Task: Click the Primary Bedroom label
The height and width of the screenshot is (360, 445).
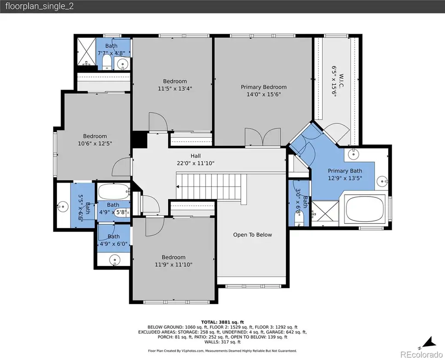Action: tap(264, 87)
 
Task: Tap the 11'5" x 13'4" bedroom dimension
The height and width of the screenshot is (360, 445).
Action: tap(175, 89)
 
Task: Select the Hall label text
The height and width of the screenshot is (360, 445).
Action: tap(196, 156)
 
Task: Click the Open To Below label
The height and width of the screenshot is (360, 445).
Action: tap(252, 235)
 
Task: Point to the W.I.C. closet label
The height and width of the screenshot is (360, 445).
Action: tap(342, 81)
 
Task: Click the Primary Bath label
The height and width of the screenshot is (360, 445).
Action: tap(345, 171)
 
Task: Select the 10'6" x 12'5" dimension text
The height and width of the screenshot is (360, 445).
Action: tap(95, 143)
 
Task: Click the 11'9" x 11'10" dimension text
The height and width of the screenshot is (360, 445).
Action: tap(173, 265)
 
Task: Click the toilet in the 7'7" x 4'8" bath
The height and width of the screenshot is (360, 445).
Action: tap(107, 62)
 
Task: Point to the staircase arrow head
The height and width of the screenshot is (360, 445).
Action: tap(178, 187)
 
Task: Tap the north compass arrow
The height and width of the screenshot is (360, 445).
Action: tap(429, 342)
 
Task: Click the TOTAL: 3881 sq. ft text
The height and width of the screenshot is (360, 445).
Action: tap(222, 322)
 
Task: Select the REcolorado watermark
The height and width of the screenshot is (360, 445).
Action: tap(422, 354)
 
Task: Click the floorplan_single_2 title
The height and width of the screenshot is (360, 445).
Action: tap(40, 6)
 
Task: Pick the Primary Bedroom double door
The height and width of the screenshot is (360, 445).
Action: tap(263, 137)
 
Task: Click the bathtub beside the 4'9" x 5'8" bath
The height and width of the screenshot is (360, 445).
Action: tap(113, 192)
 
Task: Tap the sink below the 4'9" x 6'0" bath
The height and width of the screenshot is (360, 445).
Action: tap(115, 260)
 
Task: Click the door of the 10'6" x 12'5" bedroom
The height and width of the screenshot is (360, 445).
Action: tap(122, 167)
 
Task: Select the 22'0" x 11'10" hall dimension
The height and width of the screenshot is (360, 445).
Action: tap(196, 163)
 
